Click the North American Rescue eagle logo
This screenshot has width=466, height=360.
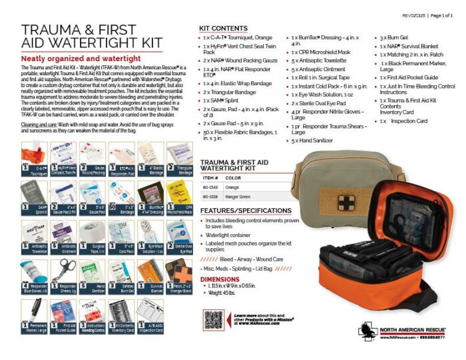click(367, 331)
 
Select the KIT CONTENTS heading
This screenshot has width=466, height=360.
click(224, 27)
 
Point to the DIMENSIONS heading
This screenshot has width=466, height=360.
click(220, 279)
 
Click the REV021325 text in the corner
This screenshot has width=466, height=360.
click(413, 13)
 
